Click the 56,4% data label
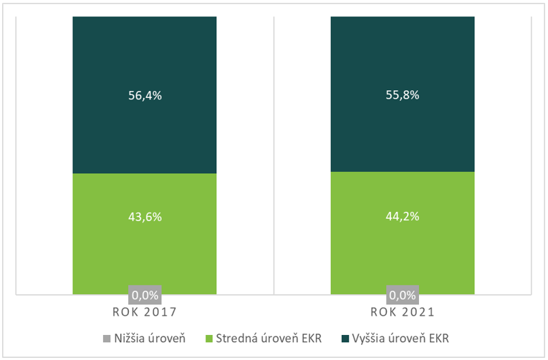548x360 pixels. tap(145, 95)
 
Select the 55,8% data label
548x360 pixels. tap(402, 95)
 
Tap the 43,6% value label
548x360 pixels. tap(145, 216)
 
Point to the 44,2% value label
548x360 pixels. tap(402, 216)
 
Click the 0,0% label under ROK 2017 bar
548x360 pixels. tap(145, 294)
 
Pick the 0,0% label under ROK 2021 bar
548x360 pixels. tap(402, 294)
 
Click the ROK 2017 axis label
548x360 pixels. tap(145, 312)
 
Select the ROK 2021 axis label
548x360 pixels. tap(402, 312)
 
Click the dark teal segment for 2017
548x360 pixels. tap(145, 57)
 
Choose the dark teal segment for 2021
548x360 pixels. tap(402, 57)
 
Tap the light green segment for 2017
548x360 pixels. tap(145, 250)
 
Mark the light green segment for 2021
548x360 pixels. tap(402, 250)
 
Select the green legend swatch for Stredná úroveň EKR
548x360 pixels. tap(211, 338)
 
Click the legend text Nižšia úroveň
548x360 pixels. tap(150, 338)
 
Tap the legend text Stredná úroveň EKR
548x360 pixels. tap(272, 338)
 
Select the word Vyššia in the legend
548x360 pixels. tap(374, 338)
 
